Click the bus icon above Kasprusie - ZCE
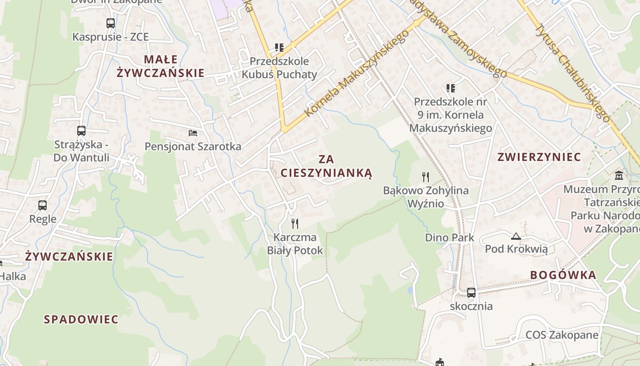[111, 23]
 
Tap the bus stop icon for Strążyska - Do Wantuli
[81, 131]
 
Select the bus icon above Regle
[43, 205]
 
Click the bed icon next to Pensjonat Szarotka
[193, 133]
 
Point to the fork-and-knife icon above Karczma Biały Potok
[295, 223]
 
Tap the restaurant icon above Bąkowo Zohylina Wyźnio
[426, 177]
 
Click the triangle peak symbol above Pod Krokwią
[516, 236]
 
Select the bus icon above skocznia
[471, 293]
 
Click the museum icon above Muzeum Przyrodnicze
[619, 175]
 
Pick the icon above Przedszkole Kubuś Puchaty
[279, 47]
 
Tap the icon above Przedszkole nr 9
[451, 88]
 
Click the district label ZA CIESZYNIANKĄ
[326, 166]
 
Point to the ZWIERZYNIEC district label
[539, 157]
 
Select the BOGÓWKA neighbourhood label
[563, 275]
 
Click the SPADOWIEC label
[81, 319]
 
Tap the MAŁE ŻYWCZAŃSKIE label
[160, 66]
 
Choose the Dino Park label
[449, 238]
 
